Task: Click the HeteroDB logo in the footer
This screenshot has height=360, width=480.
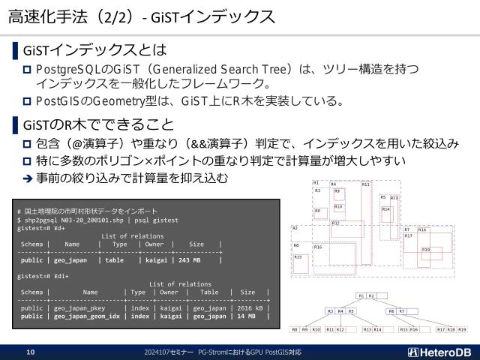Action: click(440, 352)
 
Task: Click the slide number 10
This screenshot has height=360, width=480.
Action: click(31, 352)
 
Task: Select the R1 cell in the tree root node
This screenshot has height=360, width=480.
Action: click(361, 295)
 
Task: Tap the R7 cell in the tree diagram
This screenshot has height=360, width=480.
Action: click(401, 310)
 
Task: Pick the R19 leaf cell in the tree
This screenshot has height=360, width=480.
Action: click(461, 329)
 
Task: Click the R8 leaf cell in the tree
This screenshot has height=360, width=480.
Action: click(295, 329)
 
